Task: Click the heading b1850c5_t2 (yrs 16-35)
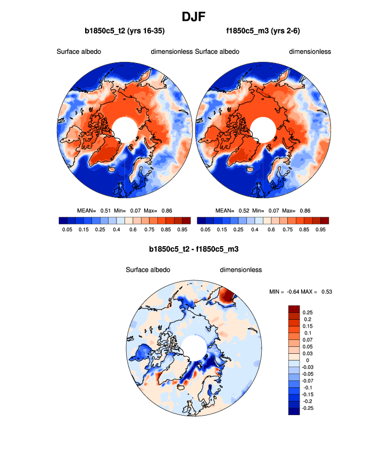[x=125, y=31]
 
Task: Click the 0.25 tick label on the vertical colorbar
[x=308, y=312]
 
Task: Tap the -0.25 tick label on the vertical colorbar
[x=309, y=408]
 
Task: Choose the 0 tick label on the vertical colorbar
[x=304, y=360]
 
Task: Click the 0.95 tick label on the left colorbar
[x=182, y=230]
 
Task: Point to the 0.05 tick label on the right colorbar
[x=205, y=230]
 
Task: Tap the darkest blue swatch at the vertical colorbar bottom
[x=294, y=411]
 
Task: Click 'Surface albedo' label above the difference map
[x=148, y=270]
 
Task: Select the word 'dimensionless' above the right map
[x=310, y=52]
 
